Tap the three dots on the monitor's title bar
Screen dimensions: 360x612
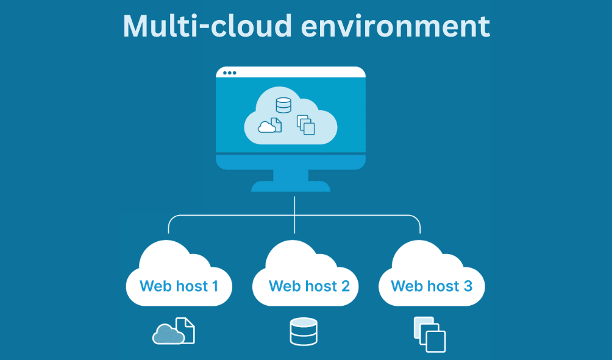point(229,73)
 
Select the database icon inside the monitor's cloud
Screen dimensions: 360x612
point(283,105)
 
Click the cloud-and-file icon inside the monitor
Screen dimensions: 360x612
point(270,125)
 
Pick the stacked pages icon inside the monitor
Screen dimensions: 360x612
point(306,125)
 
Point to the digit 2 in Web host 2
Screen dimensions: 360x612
point(345,285)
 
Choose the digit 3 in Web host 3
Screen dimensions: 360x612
point(468,285)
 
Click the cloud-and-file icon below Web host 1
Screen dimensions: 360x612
point(174,331)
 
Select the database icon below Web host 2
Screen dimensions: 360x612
point(303,332)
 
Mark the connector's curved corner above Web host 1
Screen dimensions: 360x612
point(171,219)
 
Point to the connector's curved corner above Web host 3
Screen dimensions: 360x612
point(418,219)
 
